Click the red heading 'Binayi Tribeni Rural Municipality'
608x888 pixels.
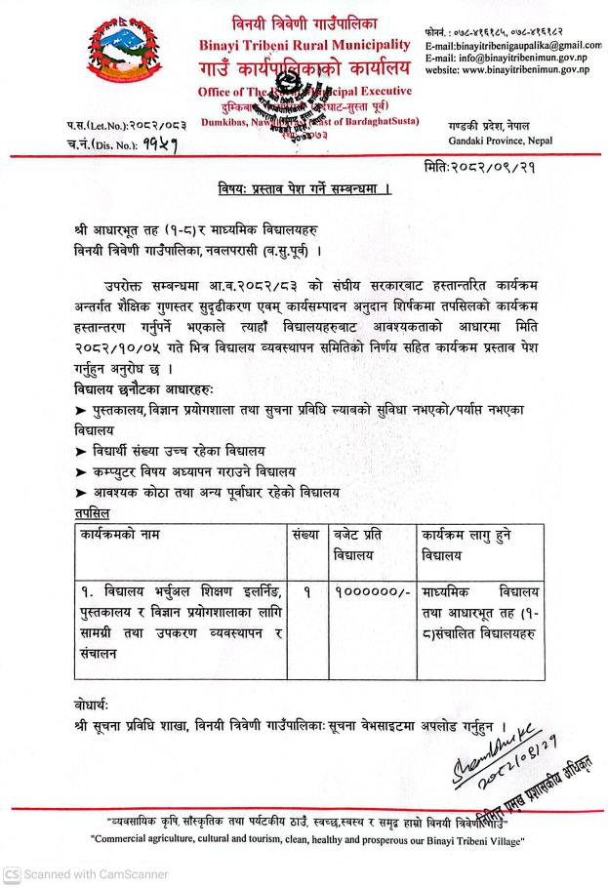click(304, 45)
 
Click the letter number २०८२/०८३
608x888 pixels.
click(122, 127)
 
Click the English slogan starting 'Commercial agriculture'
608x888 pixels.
click(304, 837)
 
